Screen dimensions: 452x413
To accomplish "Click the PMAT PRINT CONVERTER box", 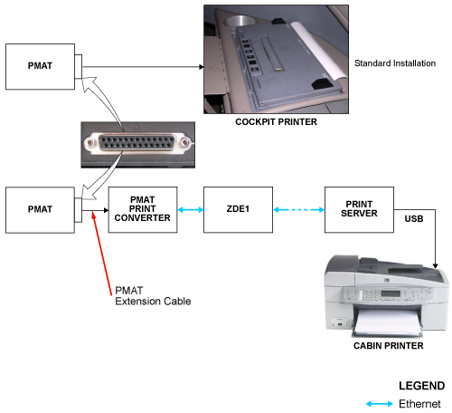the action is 143,209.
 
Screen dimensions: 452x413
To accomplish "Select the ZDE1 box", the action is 238,209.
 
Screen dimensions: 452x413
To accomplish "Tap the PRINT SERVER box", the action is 359,209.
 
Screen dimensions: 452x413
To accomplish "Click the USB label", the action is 414,218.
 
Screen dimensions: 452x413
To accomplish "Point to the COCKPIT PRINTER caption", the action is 276,121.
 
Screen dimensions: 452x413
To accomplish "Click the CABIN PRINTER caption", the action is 389,346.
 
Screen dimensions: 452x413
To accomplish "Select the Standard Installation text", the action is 395,63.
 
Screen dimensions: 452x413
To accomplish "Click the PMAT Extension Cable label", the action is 153,296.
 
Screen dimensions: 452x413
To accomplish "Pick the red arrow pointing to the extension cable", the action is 102,253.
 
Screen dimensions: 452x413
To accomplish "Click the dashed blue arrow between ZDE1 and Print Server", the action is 299,209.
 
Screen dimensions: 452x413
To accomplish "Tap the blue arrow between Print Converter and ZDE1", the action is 191,209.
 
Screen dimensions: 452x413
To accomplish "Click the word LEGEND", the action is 422,386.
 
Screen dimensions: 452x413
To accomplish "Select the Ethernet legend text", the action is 419,404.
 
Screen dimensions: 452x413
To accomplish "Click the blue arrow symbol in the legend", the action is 380,404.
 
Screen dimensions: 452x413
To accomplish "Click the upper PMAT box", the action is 40,66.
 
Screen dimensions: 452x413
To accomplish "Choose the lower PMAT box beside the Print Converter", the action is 40,210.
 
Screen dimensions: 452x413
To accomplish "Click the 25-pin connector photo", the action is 138,145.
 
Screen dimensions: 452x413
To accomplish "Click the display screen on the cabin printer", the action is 391,293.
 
